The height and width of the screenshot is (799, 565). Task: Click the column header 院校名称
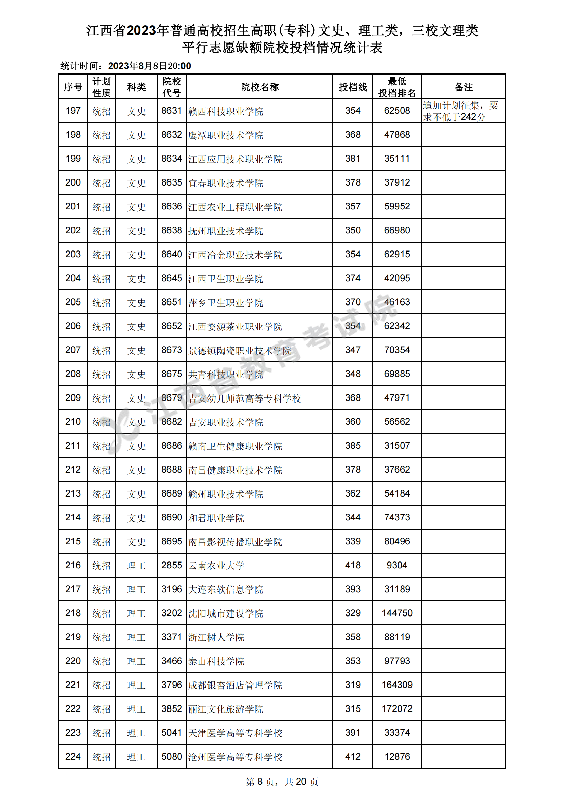coord(259,87)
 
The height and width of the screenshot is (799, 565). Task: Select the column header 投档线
coord(353,87)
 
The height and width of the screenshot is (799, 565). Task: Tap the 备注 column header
coord(463,87)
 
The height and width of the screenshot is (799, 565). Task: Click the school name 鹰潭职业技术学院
coord(225,135)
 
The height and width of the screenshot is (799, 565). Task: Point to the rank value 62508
coord(397,111)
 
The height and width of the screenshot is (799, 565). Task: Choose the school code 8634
coord(172,159)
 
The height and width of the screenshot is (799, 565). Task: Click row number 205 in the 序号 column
coord(73,302)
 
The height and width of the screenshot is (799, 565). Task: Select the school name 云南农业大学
coord(216,566)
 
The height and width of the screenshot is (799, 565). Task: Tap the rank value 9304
coord(397,565)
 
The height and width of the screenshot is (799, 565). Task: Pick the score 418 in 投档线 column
coord(353,565)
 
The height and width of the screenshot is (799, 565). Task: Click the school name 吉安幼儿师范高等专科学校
coord(244,398)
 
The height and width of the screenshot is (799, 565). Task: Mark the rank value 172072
coord(397,708)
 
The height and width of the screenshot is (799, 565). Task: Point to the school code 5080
coord(172,757)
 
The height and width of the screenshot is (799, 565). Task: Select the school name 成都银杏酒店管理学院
coord(235,685)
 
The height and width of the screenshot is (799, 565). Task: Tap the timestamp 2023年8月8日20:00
coord(149,66)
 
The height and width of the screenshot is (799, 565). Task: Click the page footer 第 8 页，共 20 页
coord(282,782)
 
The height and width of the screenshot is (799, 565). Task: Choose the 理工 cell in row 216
coord(136,566)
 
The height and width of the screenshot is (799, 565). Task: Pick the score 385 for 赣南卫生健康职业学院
coord(353,446)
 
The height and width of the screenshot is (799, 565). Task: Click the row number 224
coord(73,757)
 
